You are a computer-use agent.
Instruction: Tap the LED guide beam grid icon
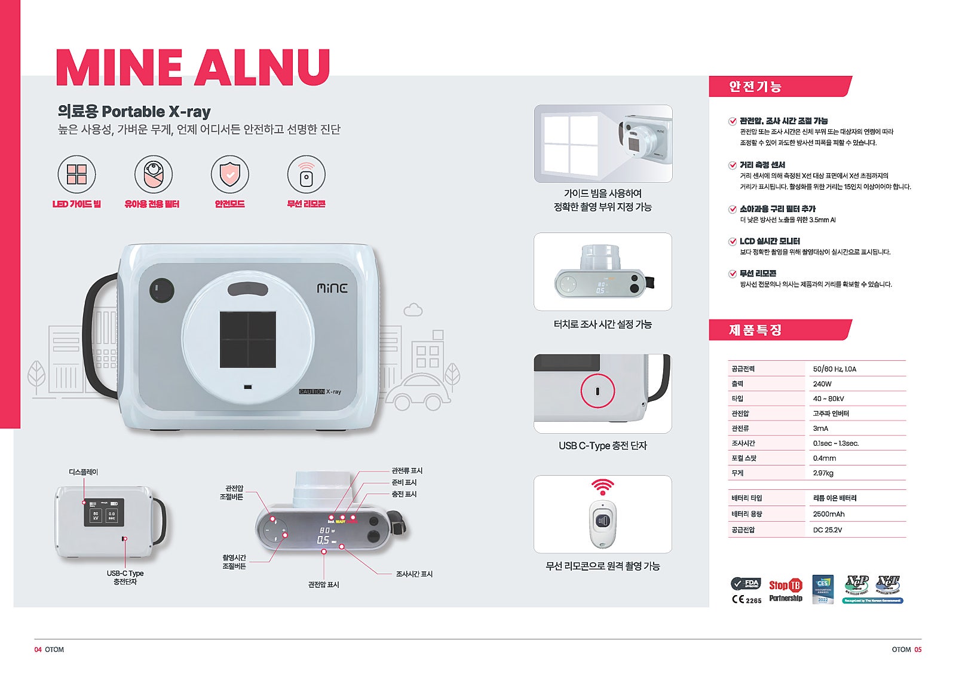(76, 174)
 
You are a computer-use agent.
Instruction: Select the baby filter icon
(153, 174)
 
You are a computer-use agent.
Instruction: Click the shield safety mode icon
(229, 174)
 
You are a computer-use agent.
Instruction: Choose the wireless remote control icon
(306, 174)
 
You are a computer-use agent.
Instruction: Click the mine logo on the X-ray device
(332, 288)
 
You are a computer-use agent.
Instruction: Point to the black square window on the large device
(248, 339)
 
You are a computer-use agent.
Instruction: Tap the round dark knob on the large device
(161, 290)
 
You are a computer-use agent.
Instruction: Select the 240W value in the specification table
(822, 384)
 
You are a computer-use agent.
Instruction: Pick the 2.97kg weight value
(823, 473)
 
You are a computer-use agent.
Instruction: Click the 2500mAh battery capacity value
(828, 514)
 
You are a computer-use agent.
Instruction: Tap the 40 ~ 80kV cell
(828, 399)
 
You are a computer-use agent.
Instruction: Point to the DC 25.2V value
(827, 529)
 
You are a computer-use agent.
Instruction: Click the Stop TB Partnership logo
(785, 590)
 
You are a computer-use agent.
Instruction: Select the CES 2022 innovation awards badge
(823, 589)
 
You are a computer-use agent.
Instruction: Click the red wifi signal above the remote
(602, 486)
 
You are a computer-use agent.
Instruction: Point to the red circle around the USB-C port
(597, 391)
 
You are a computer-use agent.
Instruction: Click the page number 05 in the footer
(917, 650)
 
